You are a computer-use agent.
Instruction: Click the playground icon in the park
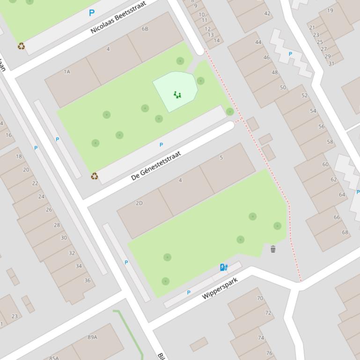tap(177, 95)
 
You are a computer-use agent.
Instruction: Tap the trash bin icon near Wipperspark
tap(273, 249)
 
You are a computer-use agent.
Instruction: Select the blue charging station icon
tap(224, 267)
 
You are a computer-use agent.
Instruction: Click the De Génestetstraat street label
tap(156, 166)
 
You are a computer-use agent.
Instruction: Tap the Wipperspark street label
tap(220, 288)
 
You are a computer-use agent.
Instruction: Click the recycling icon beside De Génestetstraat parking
tap(94, 176)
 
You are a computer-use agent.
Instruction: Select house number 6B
tap(145, 29)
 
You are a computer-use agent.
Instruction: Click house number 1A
tap(67, 72)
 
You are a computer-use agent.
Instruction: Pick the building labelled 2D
tap(139, 203)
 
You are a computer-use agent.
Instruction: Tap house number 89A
tap(92, 337)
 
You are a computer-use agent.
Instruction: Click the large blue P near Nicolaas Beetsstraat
tap(92, 13)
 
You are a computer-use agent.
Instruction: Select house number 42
tap(267, 13)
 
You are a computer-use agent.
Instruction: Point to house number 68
tap(345, 232)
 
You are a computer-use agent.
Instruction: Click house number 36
tap(88, 281)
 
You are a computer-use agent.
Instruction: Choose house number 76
tap(269, 353)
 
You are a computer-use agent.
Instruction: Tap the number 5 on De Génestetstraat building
tap(221, 158)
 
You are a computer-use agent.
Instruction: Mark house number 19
tap(331, 10)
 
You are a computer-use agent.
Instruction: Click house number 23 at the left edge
tap(15, 316)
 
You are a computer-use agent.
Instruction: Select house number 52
tap(305, 95)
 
